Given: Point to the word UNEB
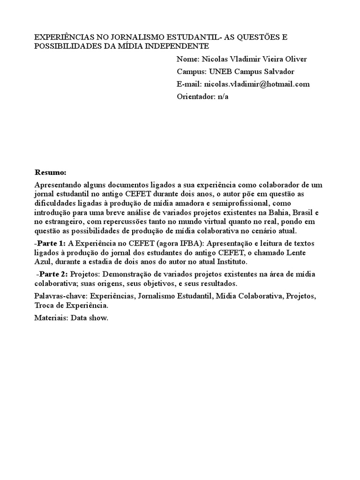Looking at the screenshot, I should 219,72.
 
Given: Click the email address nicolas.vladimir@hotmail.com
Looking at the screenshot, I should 256,84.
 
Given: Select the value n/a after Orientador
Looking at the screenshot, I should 223,97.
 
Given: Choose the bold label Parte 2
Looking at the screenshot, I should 53,274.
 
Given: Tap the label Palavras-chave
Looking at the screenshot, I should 60,296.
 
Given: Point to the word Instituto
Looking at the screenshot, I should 227,262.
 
